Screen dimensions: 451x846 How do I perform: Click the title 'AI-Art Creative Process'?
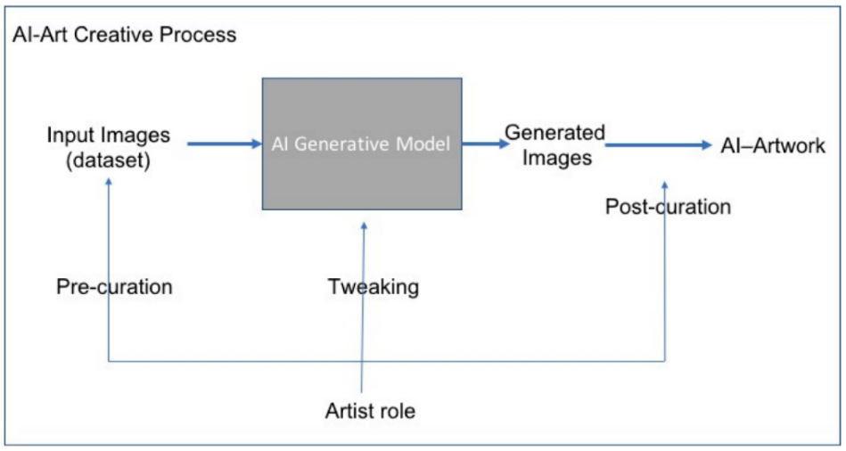[125, 36]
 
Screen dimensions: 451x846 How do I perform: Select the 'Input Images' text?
[108, 136]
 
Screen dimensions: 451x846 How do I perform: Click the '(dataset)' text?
[108, 161]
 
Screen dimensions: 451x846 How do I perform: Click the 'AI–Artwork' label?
[773, 146]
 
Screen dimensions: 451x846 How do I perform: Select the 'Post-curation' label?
[668, 208]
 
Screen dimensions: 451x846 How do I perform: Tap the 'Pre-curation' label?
[114, 287]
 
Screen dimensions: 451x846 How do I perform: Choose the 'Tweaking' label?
[373, 287]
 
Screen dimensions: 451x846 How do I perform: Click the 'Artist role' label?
[370, 412]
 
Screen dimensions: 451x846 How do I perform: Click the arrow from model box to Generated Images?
[485, 143]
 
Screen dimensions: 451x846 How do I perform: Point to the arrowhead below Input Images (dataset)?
[109, 182]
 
